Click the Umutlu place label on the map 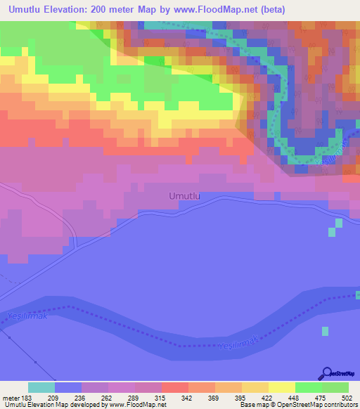tap(185, 197)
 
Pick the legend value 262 tap(94, 397)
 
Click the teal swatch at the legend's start tap(41, 387)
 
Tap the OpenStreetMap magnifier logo tap(327, 374)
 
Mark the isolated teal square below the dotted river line tap(325, 330)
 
